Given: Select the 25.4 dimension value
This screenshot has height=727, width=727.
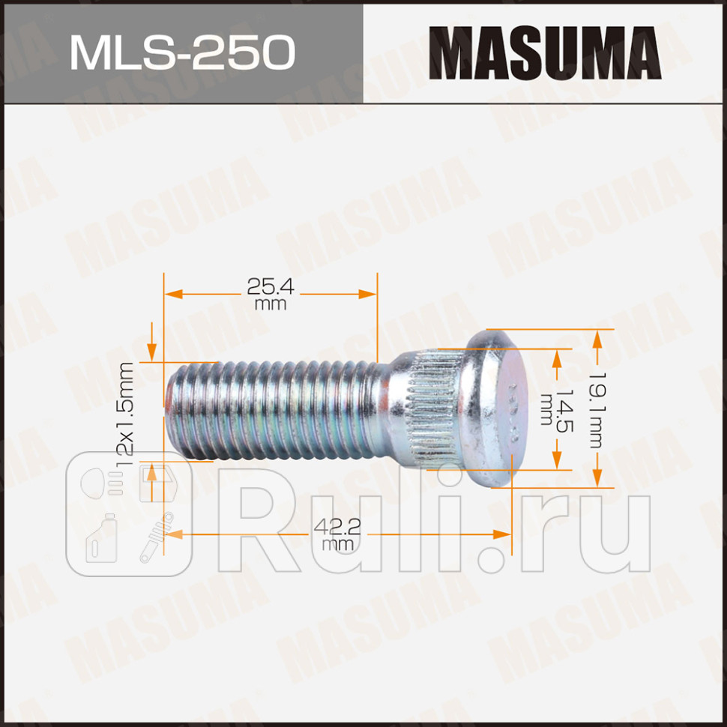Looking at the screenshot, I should pyautogui.click(x=271, y=286).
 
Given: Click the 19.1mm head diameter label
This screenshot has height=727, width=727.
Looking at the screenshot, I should pyautogui.click(x=595, y=409).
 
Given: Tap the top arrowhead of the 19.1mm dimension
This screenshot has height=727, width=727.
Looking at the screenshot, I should pyautogui.click(x=597, y=339).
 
